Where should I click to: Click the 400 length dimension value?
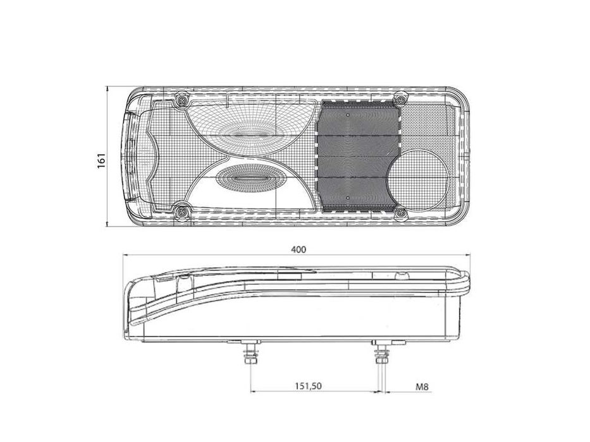[298, 249]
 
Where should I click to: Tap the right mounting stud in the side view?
[381, 357]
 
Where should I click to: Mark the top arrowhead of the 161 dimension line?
[108, 89]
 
